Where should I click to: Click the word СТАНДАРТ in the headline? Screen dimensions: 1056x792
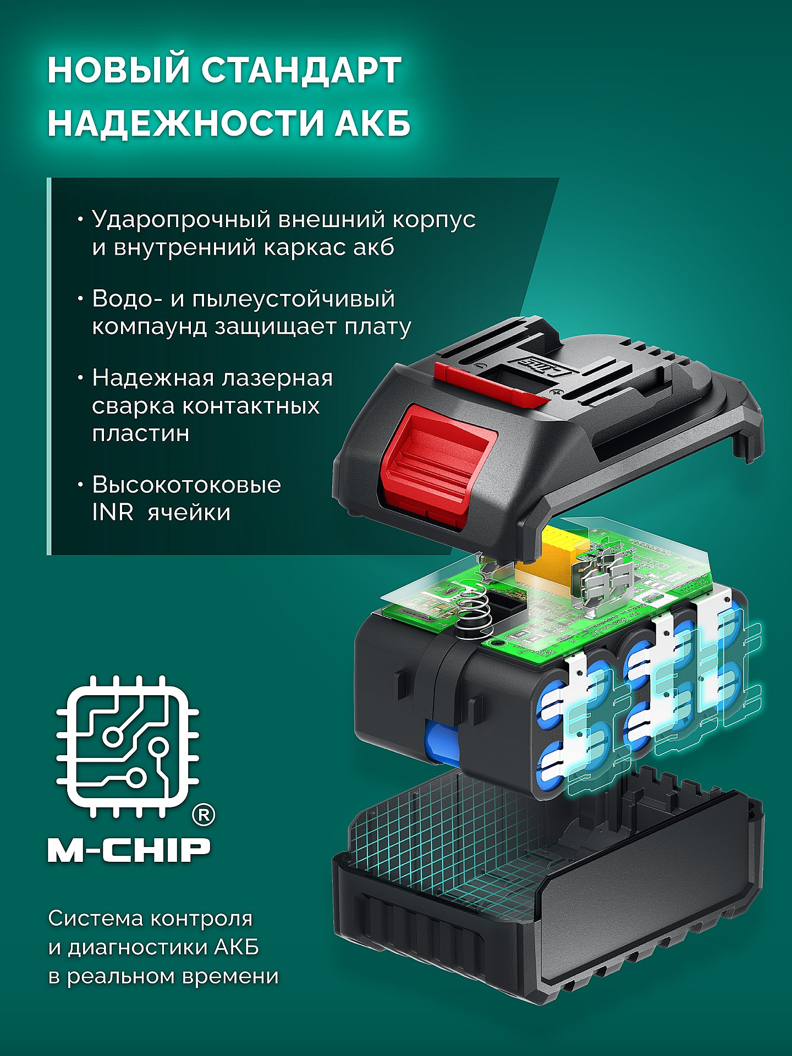300,70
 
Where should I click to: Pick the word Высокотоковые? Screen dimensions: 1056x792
186,485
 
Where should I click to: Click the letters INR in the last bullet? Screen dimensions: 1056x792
113,513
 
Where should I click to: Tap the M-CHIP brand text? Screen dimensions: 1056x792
129,850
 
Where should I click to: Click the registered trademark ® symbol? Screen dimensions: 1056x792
203,815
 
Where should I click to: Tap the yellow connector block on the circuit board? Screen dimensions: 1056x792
555,550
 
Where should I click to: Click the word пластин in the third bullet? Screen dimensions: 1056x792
141,433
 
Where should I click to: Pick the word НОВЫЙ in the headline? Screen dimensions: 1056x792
118,70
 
